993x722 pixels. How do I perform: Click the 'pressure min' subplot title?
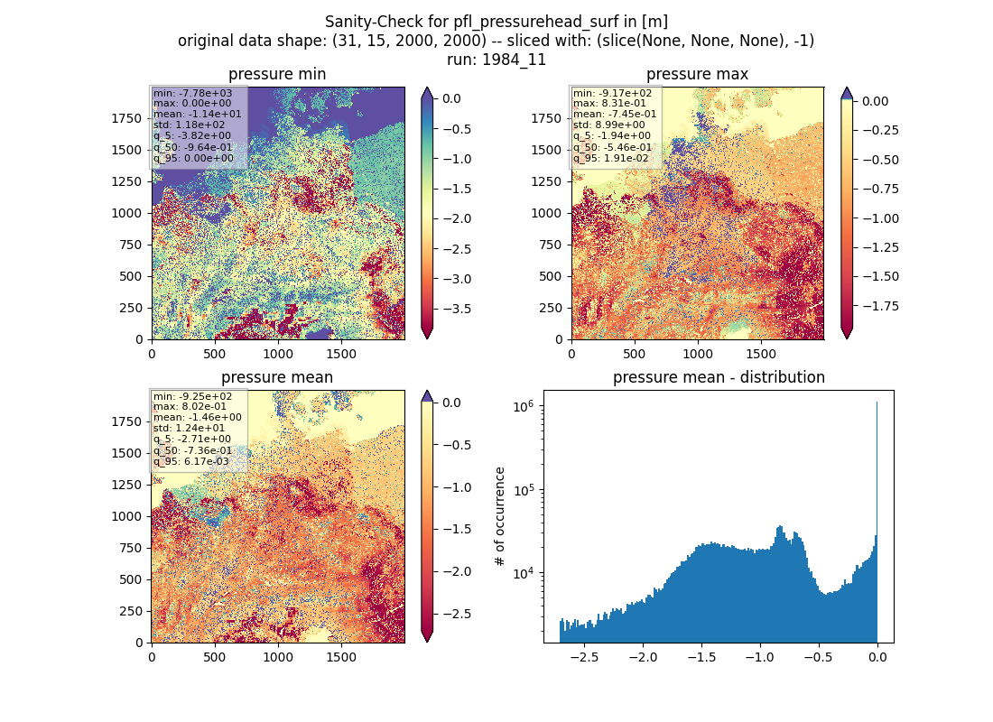277,75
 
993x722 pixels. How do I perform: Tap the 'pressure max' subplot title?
697,75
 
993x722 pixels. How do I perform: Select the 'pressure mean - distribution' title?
719,377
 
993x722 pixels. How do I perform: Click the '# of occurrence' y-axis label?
500,517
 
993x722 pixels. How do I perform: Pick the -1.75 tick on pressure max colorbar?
880,306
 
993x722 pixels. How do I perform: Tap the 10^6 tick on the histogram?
525,406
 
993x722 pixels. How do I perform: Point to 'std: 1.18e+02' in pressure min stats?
189,125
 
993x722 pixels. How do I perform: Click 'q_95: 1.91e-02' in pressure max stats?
611,158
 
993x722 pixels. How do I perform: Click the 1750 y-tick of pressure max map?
546,118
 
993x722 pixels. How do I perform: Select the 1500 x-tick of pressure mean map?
341,657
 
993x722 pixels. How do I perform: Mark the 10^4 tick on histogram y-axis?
525,574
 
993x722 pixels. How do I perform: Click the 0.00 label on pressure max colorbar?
876,101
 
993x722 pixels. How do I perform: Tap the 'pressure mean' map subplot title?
277,377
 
